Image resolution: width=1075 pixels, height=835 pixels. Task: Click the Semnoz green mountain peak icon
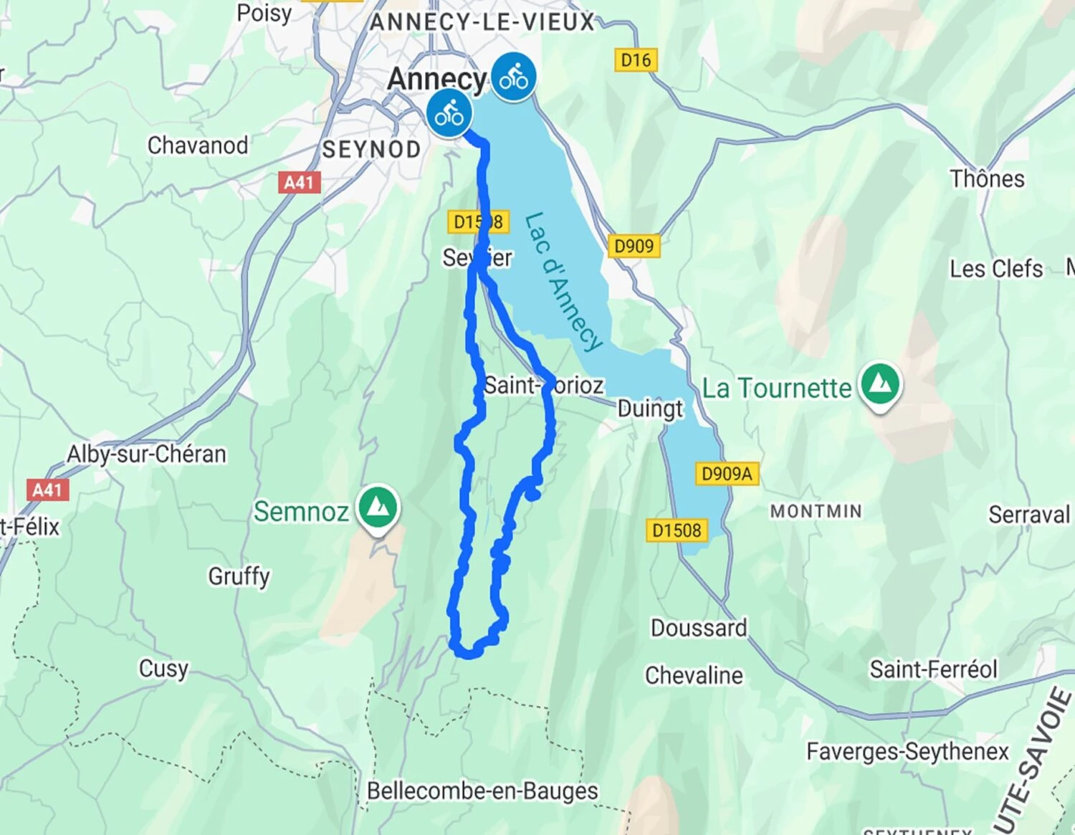click(x=378, y=507)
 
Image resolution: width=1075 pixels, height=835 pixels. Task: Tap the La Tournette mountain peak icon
click(x=881, y=385)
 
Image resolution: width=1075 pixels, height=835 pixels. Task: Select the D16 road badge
click(x=636, y=60)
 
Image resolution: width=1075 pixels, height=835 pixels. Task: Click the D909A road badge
click(x=727, y=474)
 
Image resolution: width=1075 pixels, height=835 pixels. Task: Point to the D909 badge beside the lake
click(x=634, y=247)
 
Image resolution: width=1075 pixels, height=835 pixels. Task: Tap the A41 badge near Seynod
click(x=299, y=182)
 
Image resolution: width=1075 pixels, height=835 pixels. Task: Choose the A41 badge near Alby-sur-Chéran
click(x=48, y=490)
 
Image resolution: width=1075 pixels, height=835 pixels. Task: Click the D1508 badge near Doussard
click(x=677, y=530)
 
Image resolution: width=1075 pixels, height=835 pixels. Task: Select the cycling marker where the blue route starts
click(x=449, y=113)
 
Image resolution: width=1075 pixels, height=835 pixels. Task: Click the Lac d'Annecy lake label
click(x=563, y=282)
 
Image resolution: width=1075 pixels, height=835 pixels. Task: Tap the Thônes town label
click(x=987, y=178)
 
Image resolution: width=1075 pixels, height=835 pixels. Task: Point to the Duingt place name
click(x=650, y=409)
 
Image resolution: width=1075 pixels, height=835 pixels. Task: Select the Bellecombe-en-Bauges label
click(x=482, y=791)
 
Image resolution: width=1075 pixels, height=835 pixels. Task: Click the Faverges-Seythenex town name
click(x=907, y=751)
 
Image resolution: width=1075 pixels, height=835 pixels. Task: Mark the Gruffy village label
click(x=239, y=576)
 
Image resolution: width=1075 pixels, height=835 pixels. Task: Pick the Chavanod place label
click(x=198, y=145)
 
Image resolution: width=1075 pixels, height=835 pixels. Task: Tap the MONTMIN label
click(x=816, y=511)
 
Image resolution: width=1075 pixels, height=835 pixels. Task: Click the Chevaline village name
click(x=694, y=675)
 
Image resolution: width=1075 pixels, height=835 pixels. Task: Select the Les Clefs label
click(x=995, y=269)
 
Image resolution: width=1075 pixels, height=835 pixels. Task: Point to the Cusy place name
click(x=163, y=668)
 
